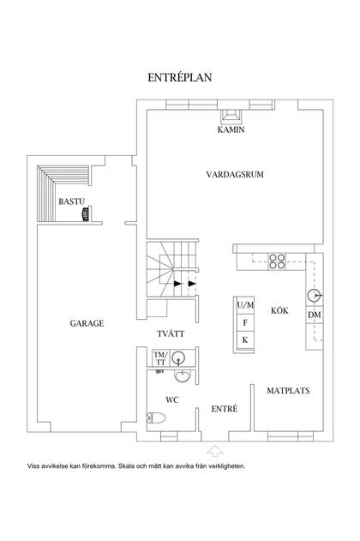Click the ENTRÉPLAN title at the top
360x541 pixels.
pyautogui.click(x=180, y=77)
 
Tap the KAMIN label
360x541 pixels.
pyautogui.click(x=231, y=130)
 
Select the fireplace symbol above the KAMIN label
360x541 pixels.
pyautogui.click(x=231, y=118)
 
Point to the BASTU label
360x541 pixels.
pyautogui.click(x=70, y=201)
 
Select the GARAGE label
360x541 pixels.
pyautogui.click(x=87, y=323)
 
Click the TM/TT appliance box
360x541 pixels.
pyautogui.click(x=160, y=358)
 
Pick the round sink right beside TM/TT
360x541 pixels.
pyautogui.click(x=182, y=375)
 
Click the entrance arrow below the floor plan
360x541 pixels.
pyautogui.click(x=214, y=448)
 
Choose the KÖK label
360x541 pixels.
pyautogui.click(x=279, y=310)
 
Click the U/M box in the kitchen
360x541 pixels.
pyautogui.click(x=245, y=306)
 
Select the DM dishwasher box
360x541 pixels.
pyautogui.click(x=314, y=316)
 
